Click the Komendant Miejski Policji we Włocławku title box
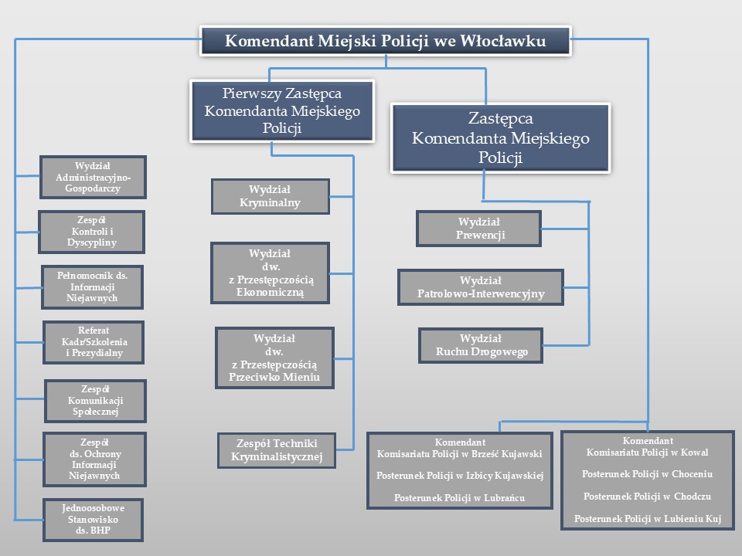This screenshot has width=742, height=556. [385, 41]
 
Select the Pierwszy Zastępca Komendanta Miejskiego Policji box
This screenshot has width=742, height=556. [282, 110]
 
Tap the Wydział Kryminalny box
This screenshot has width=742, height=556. [270, 196]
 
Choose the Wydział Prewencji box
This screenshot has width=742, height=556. [479, 229]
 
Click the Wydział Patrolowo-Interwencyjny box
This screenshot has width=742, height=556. [481, 287]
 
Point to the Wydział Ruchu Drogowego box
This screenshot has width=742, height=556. [481, 345]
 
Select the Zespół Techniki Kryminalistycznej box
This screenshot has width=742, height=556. [276, 450]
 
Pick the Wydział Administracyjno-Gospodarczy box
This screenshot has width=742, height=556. [93, 177]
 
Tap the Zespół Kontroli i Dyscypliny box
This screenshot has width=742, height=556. [93, 232]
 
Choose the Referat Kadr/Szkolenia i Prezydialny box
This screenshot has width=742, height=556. [94, 342]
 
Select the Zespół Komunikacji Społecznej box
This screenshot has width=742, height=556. [97, 401]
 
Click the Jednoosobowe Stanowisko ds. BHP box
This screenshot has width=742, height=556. [93, 520]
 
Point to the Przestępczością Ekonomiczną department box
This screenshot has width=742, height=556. [270, 273]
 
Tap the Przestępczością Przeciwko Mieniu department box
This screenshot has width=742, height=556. [274, 358]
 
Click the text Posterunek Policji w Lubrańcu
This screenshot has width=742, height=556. [459, 498]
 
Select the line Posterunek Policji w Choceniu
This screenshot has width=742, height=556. [647, 473]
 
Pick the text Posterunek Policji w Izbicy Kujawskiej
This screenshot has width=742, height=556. [459, 476]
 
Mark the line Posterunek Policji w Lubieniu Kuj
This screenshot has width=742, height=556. [647, 518]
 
